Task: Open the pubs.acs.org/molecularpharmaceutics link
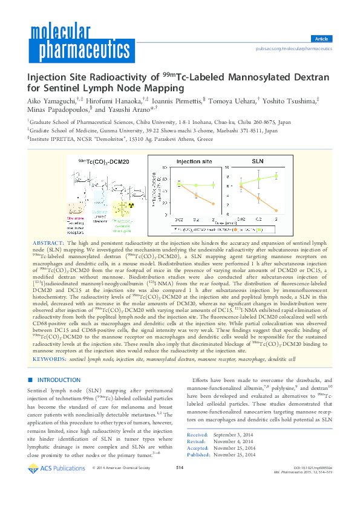(294, 48)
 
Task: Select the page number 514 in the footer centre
(180, 485)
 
